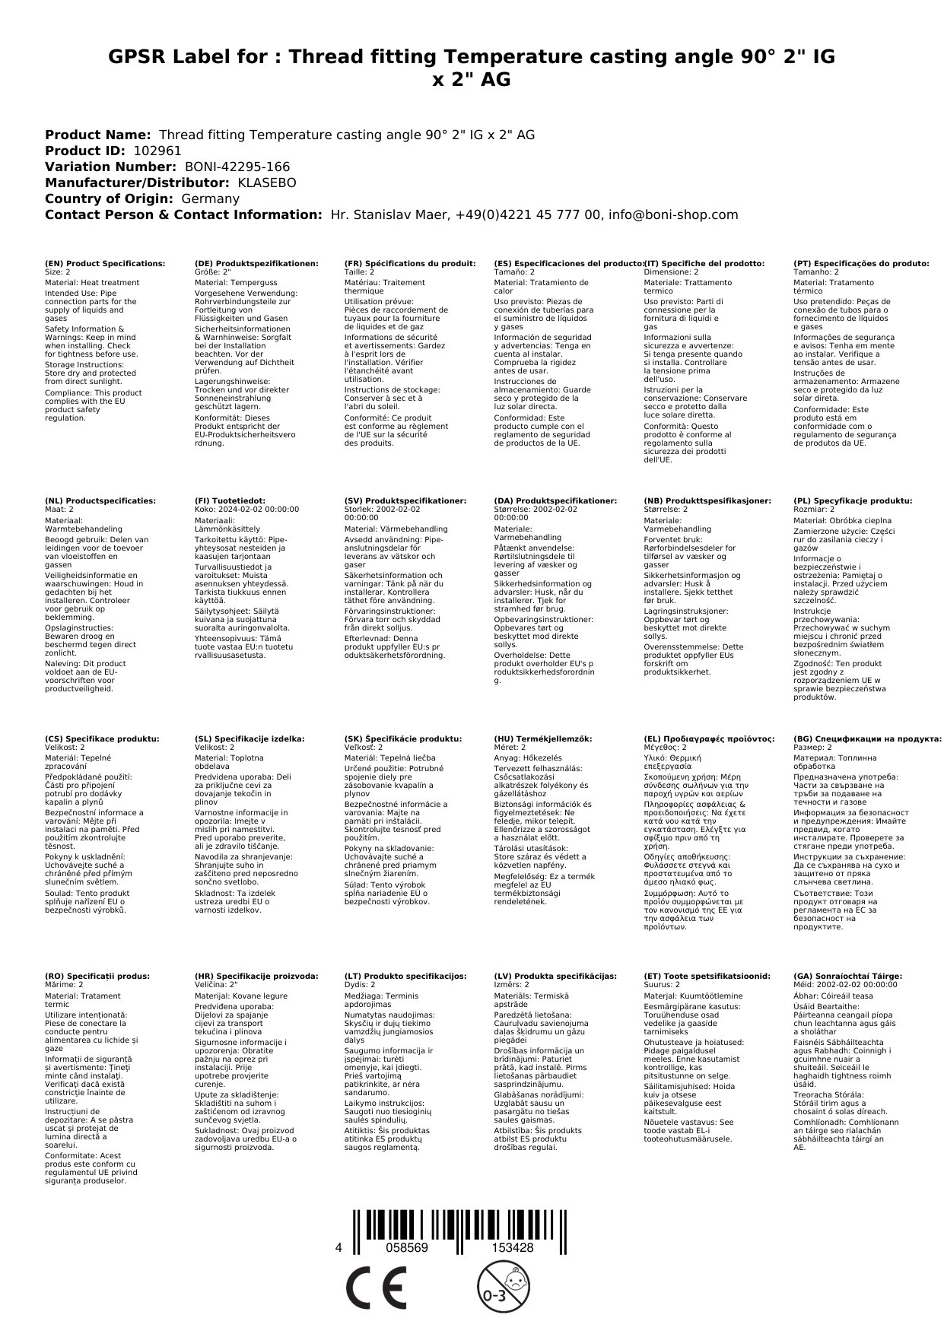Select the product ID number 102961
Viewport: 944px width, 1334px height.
coord(157,151)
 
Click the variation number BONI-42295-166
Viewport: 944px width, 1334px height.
coord(237,167)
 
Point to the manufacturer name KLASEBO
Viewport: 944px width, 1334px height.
coord(267,183)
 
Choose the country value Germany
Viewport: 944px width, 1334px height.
coord(211,199)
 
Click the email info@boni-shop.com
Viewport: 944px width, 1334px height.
coord(673,214)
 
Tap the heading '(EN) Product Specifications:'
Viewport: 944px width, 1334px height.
coord(105,263)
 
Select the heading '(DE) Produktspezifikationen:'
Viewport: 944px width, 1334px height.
coord(257,263)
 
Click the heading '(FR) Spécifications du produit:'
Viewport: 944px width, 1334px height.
coord(410,263)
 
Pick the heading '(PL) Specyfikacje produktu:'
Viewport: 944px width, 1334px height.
coord(853,501)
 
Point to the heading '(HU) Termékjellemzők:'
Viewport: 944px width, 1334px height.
coord(543,738)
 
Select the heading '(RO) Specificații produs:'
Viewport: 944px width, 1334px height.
coord(97,976)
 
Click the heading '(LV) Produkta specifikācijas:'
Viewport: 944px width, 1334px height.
coord(555,976)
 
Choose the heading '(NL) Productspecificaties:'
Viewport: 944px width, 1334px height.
coord(100,501)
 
